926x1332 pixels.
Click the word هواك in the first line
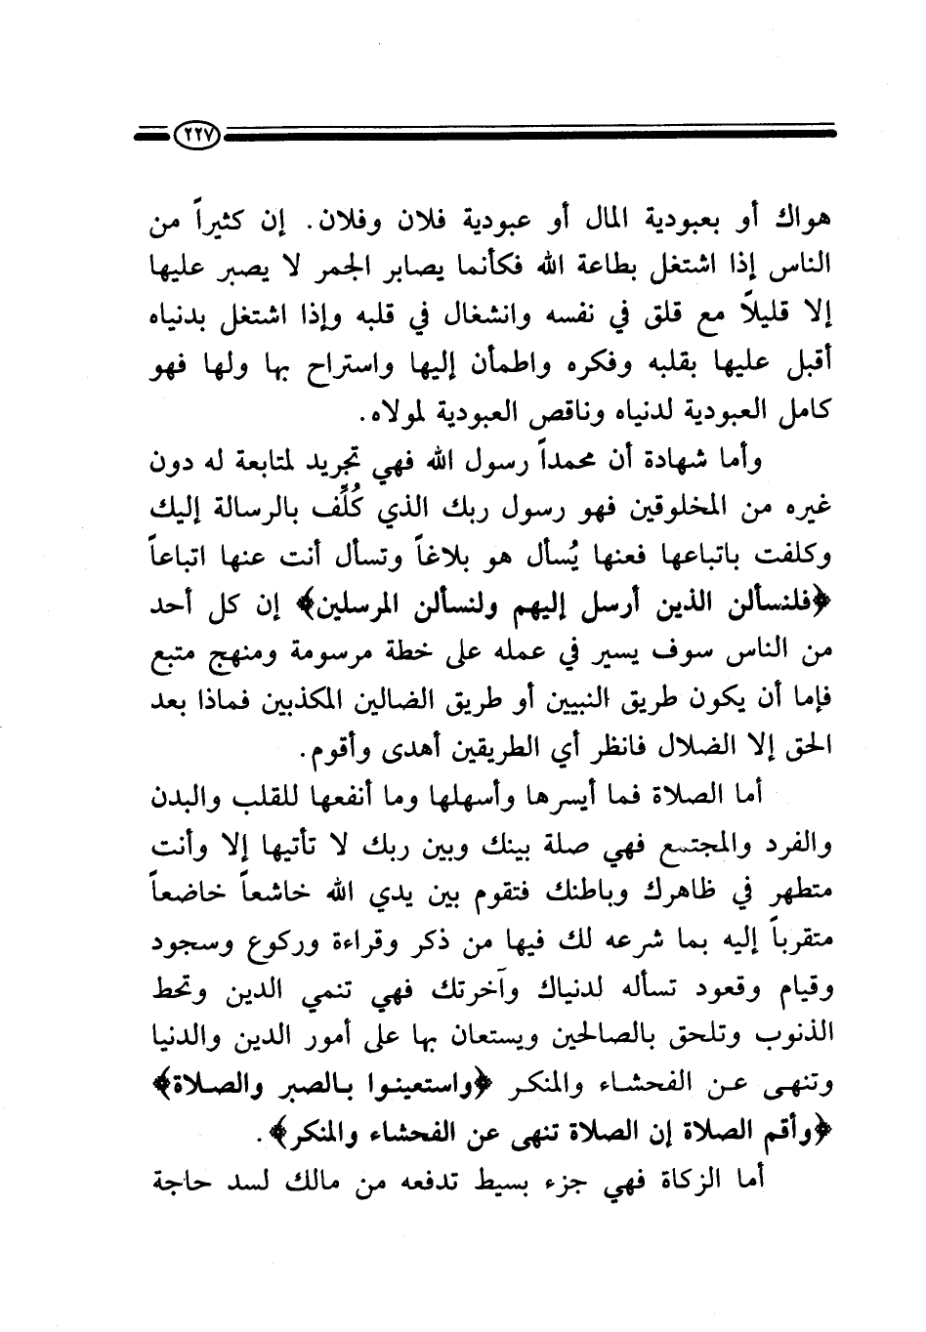803,224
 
